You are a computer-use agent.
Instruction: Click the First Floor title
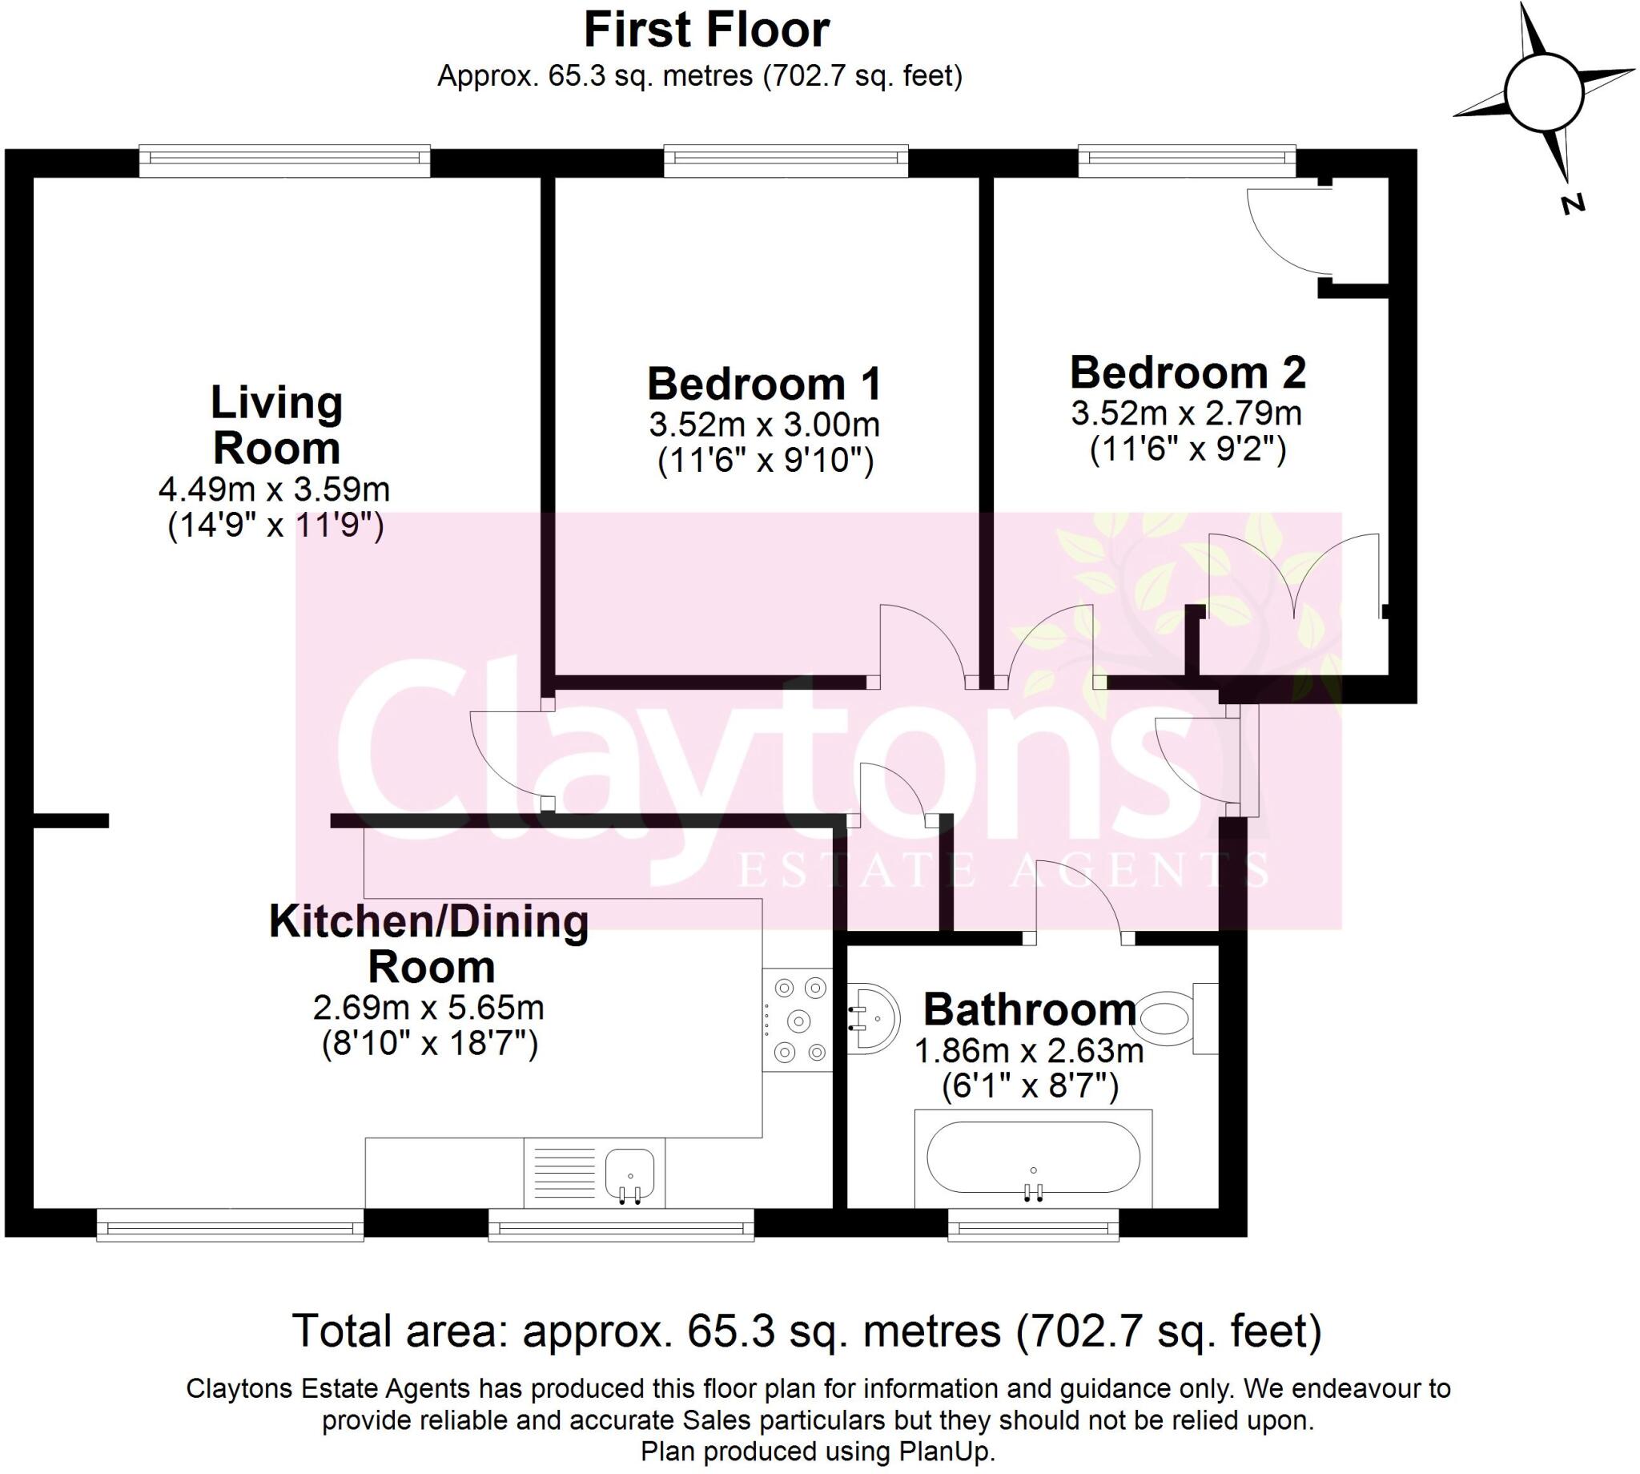(705, 30)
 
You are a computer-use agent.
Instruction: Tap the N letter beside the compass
(1572, 204)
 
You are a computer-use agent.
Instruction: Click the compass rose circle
(1544, 92)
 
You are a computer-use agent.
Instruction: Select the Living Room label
(276, 425)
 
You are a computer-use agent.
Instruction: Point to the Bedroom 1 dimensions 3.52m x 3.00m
(763, 425)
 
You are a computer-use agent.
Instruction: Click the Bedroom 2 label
(1188, 373)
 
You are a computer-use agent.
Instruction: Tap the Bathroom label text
(1030, 1009)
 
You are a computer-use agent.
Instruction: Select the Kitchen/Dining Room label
(429, 944)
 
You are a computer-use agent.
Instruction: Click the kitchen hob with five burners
(798, 1021)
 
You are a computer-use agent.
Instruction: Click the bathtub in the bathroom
(1033, 1158)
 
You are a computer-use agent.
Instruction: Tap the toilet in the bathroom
(1168, 1017)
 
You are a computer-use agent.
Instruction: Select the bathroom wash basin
(873, 1019)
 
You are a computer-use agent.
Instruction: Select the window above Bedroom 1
(786, 160)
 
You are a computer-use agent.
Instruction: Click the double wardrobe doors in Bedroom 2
(1292, 579)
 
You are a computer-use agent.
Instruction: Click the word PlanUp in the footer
(946, 1452)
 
